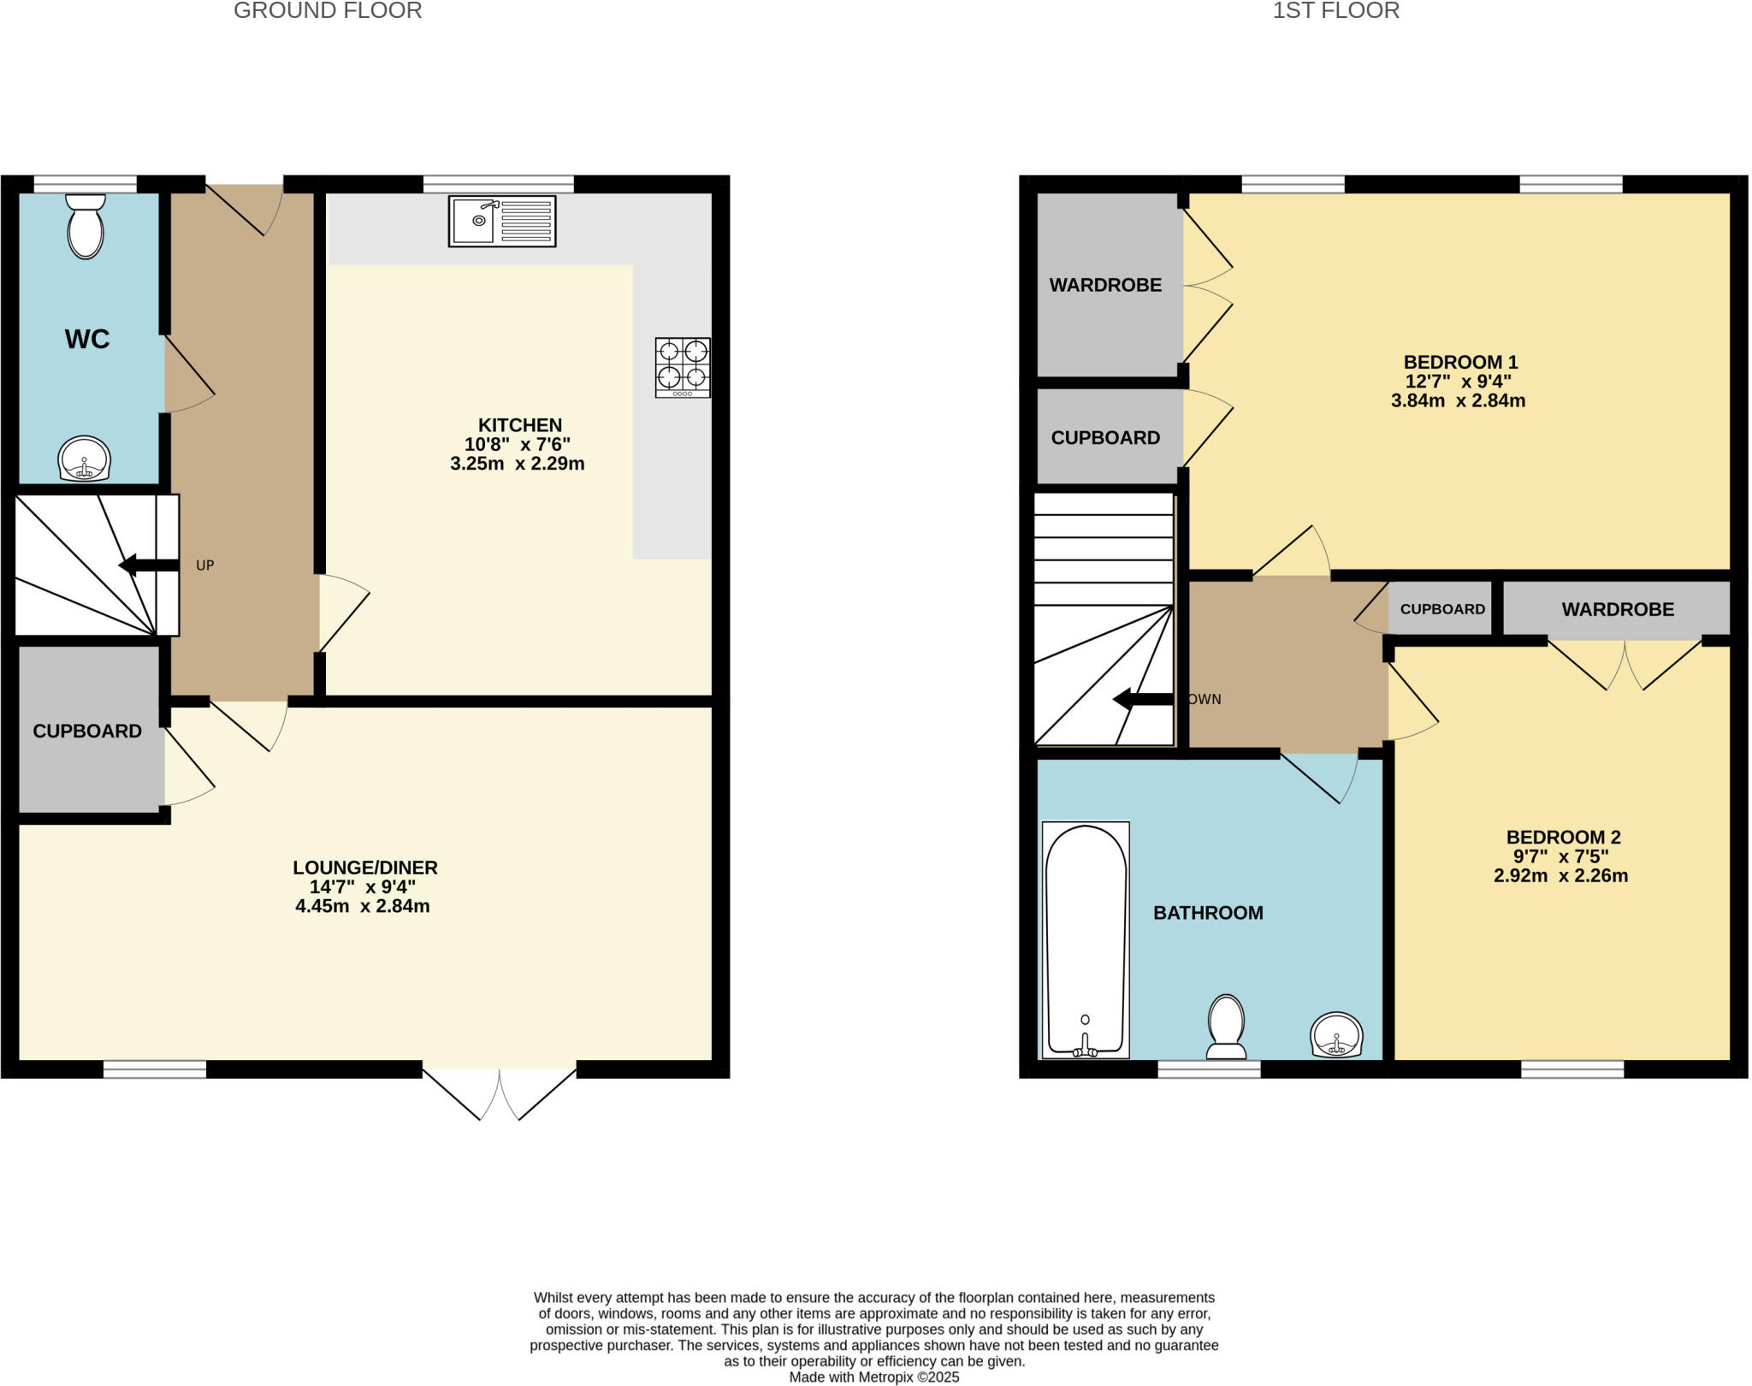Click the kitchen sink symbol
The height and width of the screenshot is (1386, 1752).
pos(502,222)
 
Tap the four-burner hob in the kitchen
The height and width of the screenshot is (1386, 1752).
pos(683,367)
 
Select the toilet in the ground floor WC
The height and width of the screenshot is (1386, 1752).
pos(86,226)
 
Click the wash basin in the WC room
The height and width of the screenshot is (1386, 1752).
pos(84,459)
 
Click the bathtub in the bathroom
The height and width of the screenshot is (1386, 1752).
pos(1086,939)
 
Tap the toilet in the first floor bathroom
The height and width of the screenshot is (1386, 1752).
pos(1226,1026)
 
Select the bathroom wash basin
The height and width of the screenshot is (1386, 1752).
pos(1335,1034)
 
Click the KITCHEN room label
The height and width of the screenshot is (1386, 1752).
pos(519,425)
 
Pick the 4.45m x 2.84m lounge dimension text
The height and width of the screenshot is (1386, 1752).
pos(363,906)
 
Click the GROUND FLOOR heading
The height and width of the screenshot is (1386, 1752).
pos(328,11)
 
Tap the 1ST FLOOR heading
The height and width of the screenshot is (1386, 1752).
pos(1335,11)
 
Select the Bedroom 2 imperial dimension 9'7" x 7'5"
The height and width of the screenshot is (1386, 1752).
pos(1560,856)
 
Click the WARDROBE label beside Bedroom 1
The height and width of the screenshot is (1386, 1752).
pos(1105,285)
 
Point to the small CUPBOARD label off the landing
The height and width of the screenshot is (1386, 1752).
pos(1442,609)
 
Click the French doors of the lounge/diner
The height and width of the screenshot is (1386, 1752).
pos(500,1093)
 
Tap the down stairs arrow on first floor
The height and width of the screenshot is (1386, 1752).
pos(1142,699)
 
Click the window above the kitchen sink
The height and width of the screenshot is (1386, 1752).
pos(499,184)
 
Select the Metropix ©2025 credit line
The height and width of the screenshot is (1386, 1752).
pos(873,1377)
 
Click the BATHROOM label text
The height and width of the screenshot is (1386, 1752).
pos(1208,913)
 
